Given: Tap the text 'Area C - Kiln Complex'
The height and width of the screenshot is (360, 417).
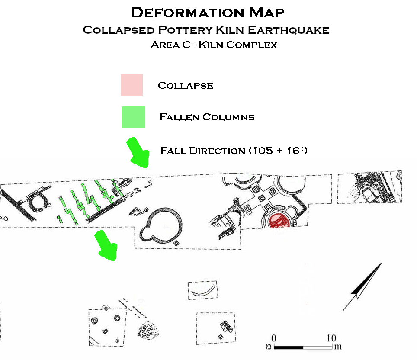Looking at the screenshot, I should pos(214,45).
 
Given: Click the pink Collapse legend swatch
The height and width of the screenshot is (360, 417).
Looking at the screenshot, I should pos(132,85).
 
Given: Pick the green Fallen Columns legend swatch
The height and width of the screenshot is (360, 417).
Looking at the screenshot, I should pos(133,117).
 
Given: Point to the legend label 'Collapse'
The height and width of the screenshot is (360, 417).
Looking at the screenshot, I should pos(185,85).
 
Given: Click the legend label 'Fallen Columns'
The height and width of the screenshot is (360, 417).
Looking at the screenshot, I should pos(207,117).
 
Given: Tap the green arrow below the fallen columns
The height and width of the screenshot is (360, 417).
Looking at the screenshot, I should pos(106,245).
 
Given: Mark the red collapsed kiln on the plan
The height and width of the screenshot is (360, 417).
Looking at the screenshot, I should pos(277,221).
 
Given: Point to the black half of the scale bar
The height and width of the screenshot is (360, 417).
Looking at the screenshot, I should pos(289,347).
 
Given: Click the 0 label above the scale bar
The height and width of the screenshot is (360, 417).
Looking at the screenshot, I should pos(274,338).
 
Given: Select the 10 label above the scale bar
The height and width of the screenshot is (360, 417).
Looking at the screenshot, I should pos(331,338).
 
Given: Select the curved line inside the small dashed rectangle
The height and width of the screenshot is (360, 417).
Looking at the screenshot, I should pos(204,292).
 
